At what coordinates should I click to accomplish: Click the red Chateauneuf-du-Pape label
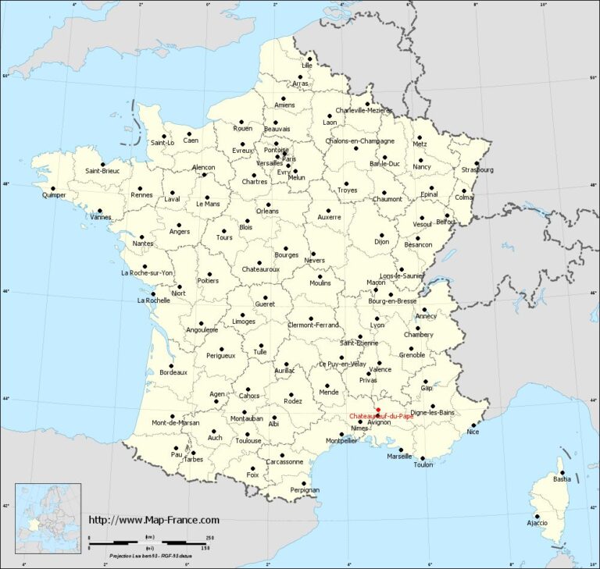point(382,416)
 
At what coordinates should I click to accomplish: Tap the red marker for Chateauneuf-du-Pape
point(378,409)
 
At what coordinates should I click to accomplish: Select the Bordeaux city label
point(173,372)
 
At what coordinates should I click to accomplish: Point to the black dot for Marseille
point(401,450)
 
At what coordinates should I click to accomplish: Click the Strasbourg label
point(477,169)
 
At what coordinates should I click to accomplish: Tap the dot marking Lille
point(310,59)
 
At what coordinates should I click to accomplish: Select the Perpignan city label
point(305,490)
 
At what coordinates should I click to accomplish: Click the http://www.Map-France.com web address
point(154,520)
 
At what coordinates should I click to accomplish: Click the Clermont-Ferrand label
point(312,325)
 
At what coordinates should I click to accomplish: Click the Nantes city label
point(142,244)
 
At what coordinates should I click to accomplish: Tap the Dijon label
point(381,242)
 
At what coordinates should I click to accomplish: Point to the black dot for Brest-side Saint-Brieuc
point(102,165)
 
